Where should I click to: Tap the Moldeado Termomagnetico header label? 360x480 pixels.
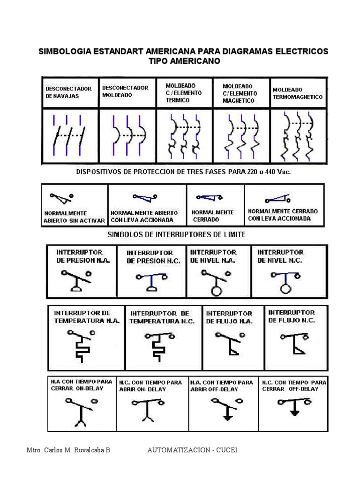(x=297, y=93)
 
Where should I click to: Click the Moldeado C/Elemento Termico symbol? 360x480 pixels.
(x=184, y=136)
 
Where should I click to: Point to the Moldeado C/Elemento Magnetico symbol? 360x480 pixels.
(x=241, y=136)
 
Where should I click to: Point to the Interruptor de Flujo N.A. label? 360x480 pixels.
(x=229, y=317)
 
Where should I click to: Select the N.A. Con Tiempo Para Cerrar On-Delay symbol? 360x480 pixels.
(x=82, y=410)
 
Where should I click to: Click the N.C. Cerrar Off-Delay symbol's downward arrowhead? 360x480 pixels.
(x=294, y=413)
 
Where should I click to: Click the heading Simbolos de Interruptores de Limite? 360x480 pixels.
(x=176, y=234)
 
